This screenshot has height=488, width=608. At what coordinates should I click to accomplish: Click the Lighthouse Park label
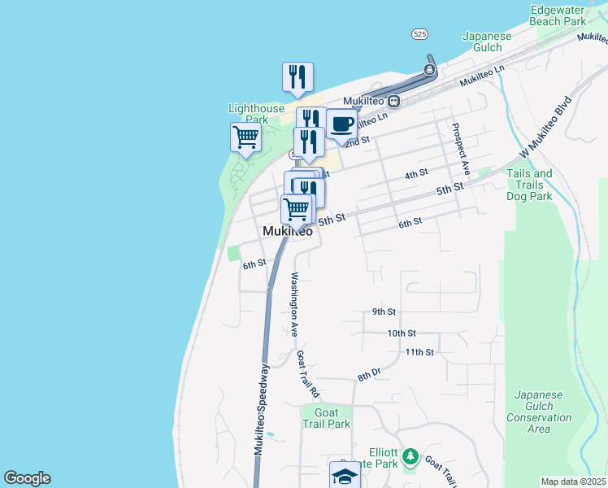[x=256, y=113]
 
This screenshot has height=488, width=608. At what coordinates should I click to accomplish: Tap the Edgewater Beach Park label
[x=557, y=15]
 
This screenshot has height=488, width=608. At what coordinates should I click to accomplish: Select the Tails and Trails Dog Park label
[x=529, y=185]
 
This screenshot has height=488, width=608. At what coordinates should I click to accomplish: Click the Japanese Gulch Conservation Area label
[x=538, y=412]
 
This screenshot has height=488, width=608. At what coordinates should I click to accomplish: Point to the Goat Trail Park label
[x=325, y=417]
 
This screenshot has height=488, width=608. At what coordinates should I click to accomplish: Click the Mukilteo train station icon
[x=393, y=102]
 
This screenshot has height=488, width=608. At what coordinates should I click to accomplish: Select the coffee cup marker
[x=342, y=124]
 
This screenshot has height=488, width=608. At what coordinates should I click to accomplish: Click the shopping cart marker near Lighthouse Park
[x=246, y=137]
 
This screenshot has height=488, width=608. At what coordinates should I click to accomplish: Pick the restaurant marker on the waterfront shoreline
[x=297, y=77]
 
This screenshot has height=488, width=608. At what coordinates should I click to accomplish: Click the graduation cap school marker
[x=345, y=476]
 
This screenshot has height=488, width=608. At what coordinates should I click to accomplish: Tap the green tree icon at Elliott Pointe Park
[x=411, y=455]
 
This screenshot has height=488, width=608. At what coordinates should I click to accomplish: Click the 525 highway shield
[x=419, y=34]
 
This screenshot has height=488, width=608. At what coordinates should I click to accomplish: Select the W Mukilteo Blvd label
[x=545, y=128]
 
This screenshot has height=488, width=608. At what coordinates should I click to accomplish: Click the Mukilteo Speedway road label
[x=262, y=417]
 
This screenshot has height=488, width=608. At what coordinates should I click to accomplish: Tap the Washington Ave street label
[x=293, y=303]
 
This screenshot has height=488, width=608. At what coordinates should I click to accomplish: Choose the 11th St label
[x=419, y=352]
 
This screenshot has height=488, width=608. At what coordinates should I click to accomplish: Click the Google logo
[x=27, y=478]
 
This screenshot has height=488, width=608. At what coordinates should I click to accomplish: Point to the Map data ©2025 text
[x=573, y=481]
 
